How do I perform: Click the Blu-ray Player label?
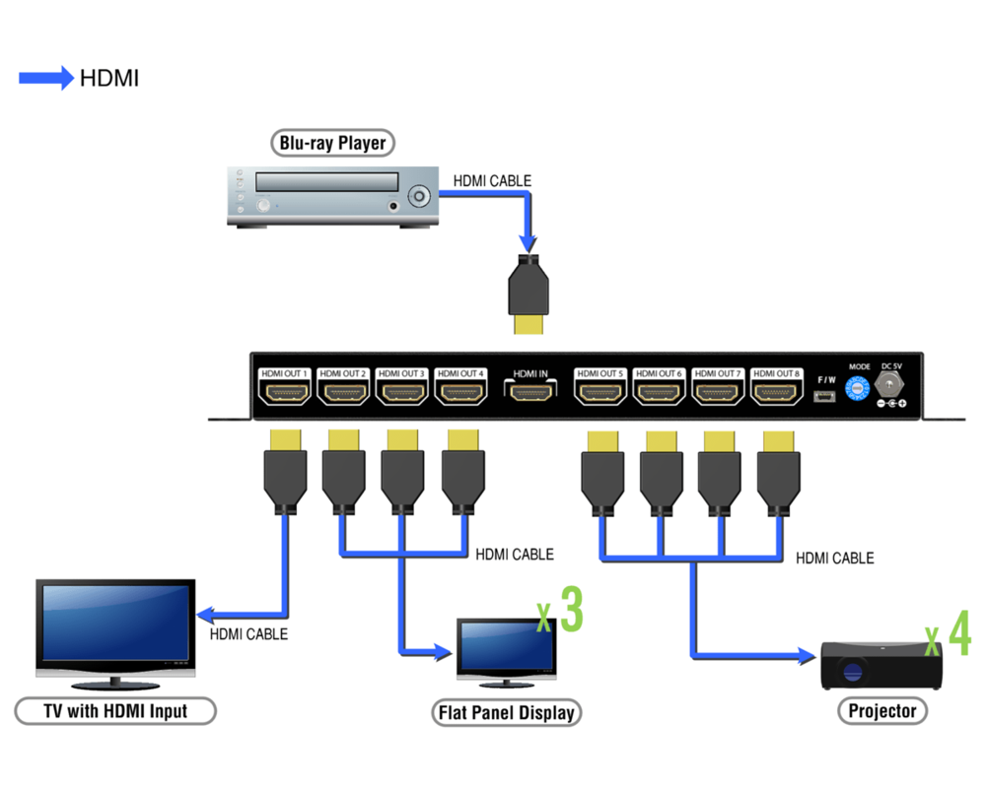coord(332,143)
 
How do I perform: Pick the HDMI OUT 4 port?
coord(460,392)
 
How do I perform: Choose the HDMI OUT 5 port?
coord(601,392)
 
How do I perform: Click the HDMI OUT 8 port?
coord(776,392)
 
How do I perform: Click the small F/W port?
coord(825,397)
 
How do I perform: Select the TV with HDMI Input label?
coord(115,710)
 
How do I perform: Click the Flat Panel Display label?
coord(506,712)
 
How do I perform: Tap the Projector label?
coord(882,710)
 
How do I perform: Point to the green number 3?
coord(571,611)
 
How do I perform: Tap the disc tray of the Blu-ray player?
coord(326,182)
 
